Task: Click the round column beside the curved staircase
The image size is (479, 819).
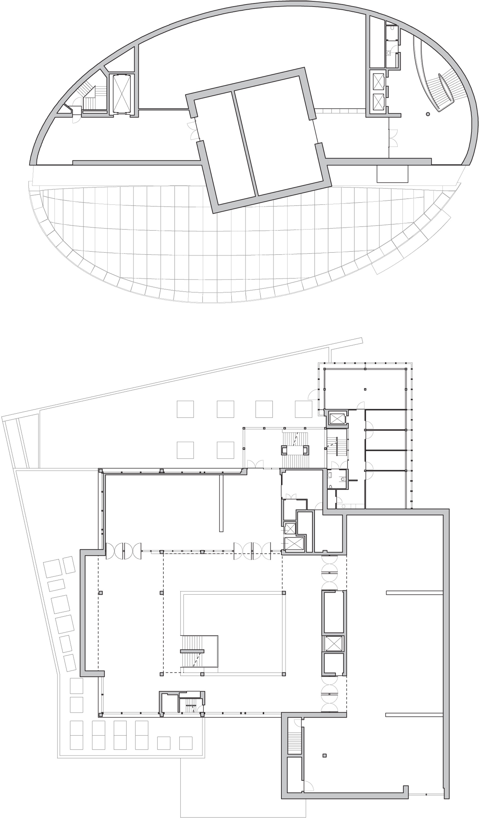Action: [x=428, y=114]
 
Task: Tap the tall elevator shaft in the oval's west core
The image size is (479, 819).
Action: [x=121, y=94]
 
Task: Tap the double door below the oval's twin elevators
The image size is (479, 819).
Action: [x=393, y=138]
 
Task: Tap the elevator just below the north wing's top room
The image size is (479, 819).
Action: [x=337, y=418]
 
